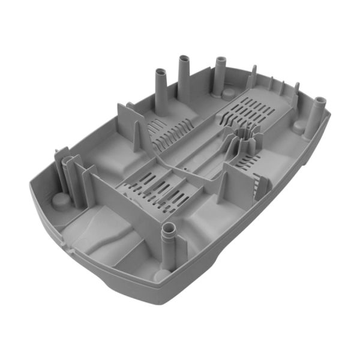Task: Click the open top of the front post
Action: (x=169, y=228)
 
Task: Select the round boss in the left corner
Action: (x=61, y=200)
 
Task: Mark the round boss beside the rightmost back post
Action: (x=229, y=94)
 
